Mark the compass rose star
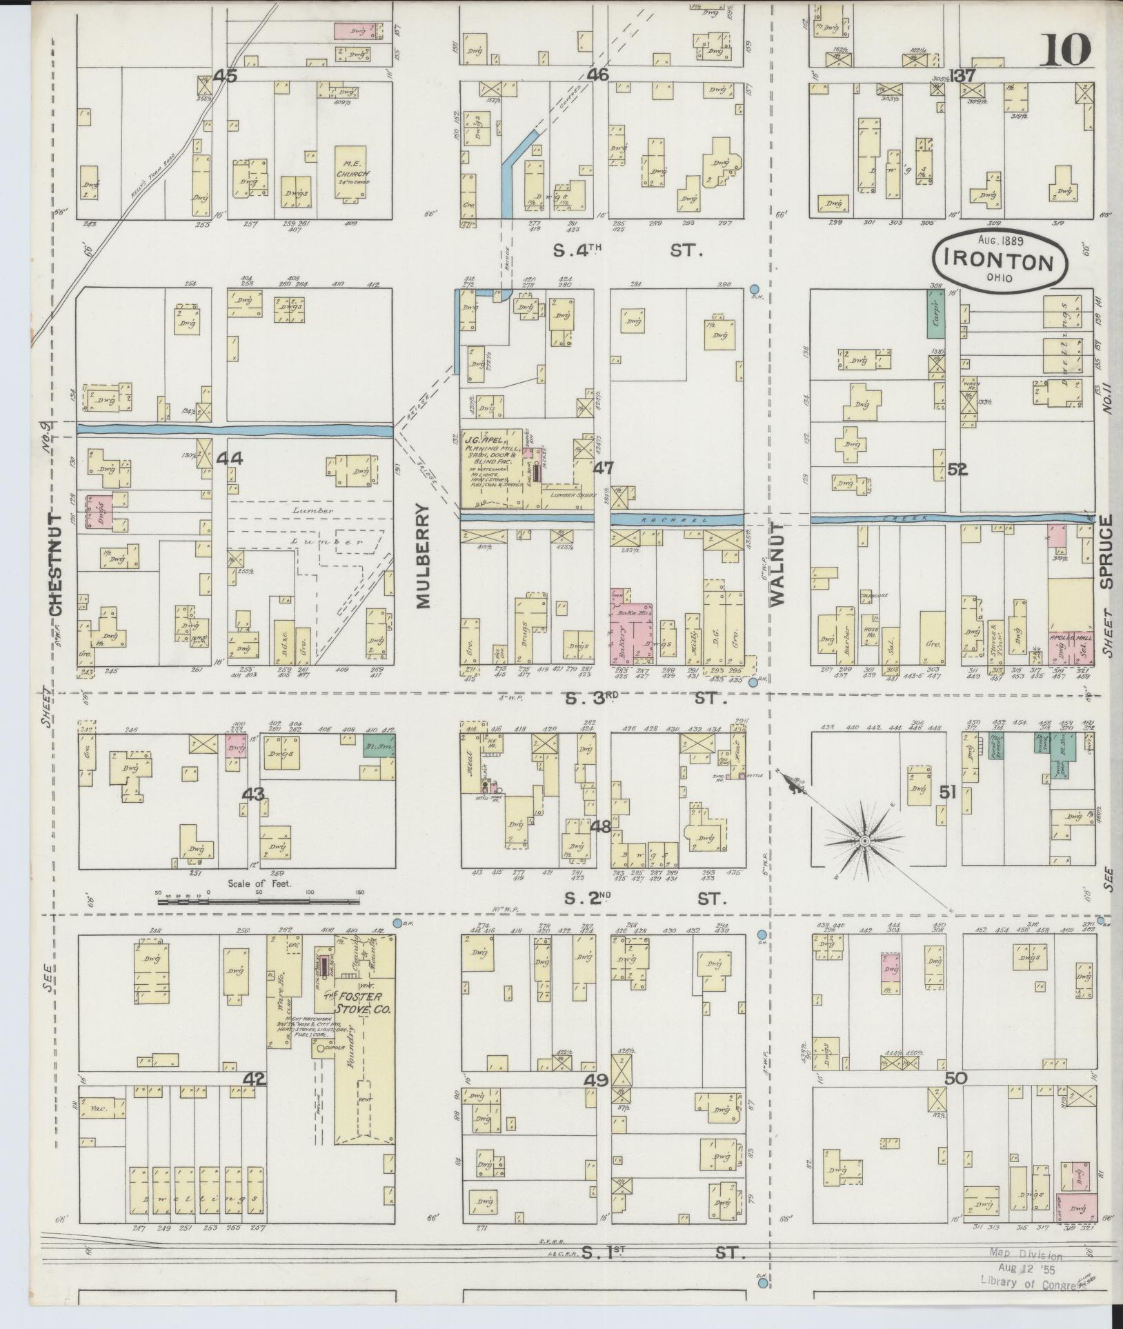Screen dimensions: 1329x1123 (x=864, y=841)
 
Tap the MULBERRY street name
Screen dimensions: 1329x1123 (x=424, y=555)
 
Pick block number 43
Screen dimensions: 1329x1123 (x=252, y=795)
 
